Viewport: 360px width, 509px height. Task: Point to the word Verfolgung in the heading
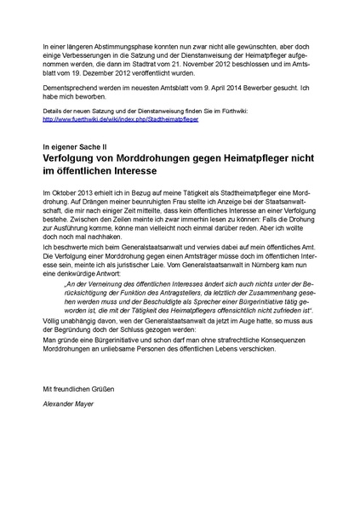76,159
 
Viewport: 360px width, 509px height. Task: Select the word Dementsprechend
71,86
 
